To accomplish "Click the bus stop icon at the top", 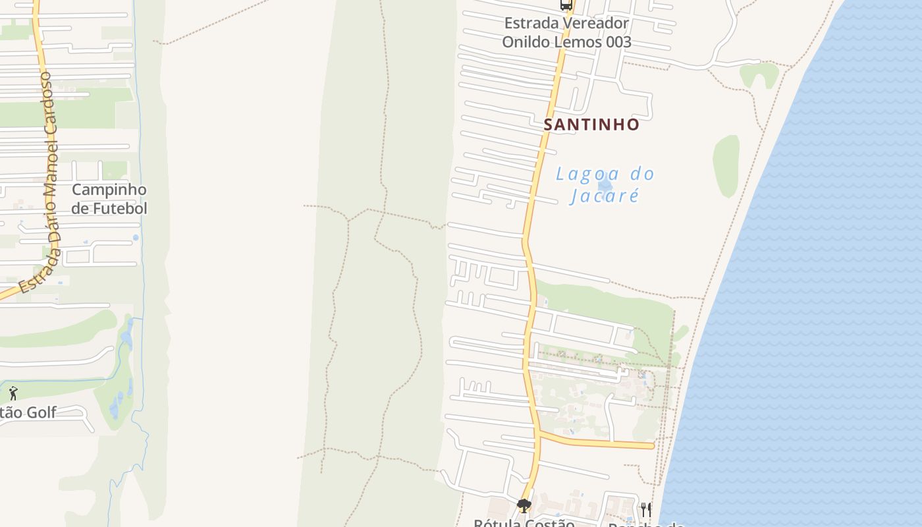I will tap(566, 5).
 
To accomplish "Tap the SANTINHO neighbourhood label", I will tap(591, 125).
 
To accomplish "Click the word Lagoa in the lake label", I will tap(580, 175).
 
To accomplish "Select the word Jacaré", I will tap(604, 196).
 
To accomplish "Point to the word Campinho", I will tap(109, 190).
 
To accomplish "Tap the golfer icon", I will tap(13, 394).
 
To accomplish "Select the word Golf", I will tap(40, 413).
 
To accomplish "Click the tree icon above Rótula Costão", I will tap(524, 506).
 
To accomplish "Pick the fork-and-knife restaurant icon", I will tap(646, 509).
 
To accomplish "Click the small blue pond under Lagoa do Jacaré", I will tap(605, 185).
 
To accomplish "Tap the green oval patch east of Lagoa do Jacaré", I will tap(726, 166).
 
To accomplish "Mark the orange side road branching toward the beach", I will tap(599, 442).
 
